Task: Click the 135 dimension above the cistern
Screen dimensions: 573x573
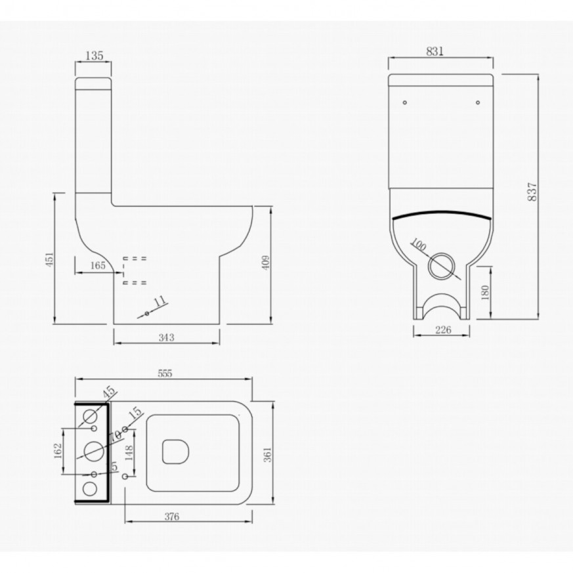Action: click(95, 56)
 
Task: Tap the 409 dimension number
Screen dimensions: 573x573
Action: click(265, 263)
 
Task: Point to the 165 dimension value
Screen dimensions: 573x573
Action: click(97, 266)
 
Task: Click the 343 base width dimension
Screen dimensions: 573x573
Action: click(166, 337)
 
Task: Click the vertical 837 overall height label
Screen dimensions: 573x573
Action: click(532, 191)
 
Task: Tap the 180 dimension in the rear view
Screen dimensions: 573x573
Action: click(484, 292)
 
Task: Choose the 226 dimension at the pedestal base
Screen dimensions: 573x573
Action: click(443, 330)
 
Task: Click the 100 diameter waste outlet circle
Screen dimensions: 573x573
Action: click(440, 266)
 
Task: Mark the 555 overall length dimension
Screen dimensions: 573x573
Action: click(164, 373)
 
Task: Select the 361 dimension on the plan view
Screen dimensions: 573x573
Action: click(267, 453)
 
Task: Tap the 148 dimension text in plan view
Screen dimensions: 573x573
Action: click(129, 453)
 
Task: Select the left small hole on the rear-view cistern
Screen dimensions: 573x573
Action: click(404, 102)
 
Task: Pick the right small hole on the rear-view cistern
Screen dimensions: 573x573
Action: click(477, 102)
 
